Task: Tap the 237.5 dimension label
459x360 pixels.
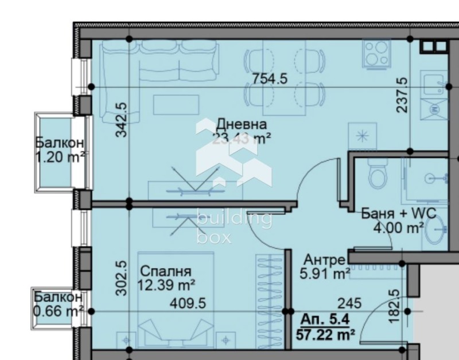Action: (402, 95)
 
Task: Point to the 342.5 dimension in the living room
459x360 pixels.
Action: (121, 120)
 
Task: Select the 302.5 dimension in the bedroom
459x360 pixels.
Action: (121, 278)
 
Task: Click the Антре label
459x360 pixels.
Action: (324, 260)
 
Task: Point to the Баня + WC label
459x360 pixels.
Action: (398, 214)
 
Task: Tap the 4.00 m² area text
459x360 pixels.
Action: (398, 227)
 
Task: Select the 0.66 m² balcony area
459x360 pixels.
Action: (59, 311)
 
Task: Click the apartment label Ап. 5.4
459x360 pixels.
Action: (326, 319)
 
